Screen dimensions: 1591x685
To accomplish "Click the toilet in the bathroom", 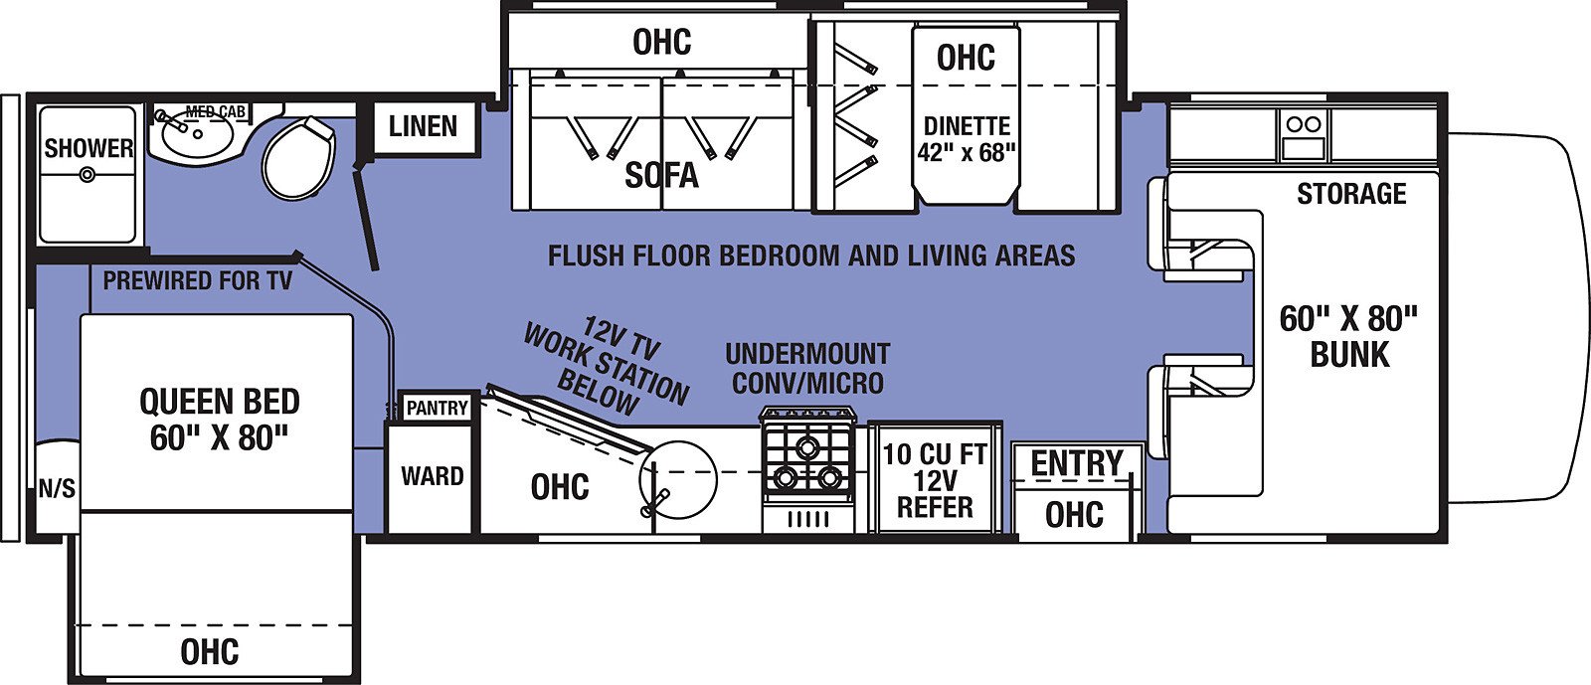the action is coord(298,159).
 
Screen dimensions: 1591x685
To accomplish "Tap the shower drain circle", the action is coord(88,174).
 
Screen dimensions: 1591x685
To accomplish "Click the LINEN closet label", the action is coord(423,126).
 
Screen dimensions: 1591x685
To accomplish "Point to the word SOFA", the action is coord(661,175).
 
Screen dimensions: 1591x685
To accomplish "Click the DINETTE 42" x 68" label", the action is coord(966,139).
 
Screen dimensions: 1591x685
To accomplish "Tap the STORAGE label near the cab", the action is coord(1351,194).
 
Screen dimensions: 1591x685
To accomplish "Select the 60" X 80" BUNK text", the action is coord(1348,336).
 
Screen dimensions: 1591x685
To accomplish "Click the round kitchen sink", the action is coord(677,479).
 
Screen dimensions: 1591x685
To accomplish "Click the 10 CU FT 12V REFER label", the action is coord(935,480).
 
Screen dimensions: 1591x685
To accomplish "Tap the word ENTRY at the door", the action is coord(1077,463).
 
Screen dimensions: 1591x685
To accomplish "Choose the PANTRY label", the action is coord(437,408).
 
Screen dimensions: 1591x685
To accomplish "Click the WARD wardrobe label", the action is coord(432,475).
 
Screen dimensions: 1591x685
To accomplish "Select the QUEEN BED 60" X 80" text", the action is coord(220,420).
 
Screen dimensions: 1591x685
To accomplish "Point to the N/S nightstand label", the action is coord(57,488).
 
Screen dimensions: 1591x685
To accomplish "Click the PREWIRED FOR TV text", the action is coord(198,281).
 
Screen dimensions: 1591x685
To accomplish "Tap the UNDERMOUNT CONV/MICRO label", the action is coord(807,369).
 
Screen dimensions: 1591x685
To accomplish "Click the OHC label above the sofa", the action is coord(661,42).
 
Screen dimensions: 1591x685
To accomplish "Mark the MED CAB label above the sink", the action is coord(216,111).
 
